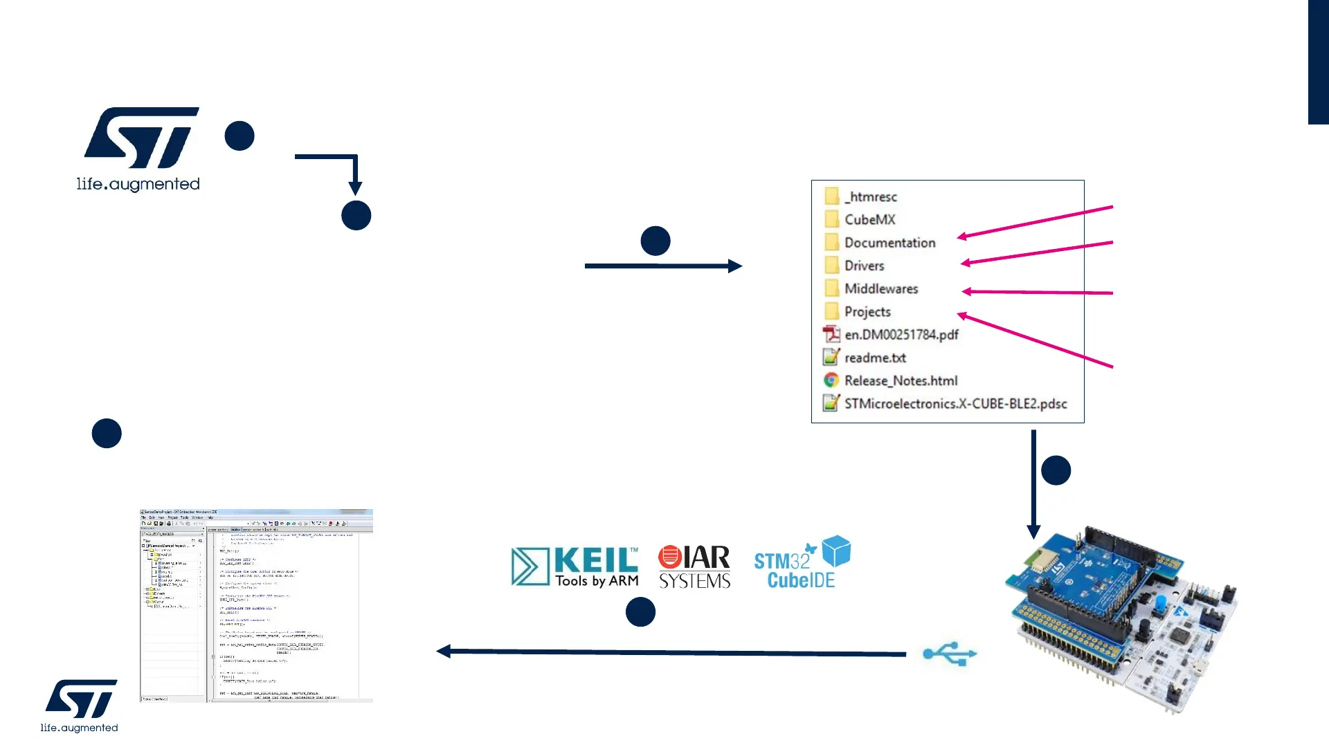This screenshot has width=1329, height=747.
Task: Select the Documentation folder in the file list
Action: point(889,243)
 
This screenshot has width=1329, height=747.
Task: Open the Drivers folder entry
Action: point(864,266)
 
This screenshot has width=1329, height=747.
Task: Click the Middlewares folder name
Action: point(880,288)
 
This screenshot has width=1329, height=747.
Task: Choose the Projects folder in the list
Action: point(867,312)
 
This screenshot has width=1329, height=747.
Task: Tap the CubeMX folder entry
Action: point(869,220)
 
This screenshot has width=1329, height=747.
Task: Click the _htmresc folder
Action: point(870,197)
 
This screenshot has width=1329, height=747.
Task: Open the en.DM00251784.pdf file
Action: point(901,335)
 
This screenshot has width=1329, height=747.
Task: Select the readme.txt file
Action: point(874,358)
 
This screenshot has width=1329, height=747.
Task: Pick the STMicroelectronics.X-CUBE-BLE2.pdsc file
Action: point(955,404)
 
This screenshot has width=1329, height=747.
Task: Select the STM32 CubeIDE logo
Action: point(802,564)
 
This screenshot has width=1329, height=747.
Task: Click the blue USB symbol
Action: point(949,654)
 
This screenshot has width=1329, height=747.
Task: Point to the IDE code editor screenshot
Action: point(256,606)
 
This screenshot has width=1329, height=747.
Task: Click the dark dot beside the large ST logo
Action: point(239,136)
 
